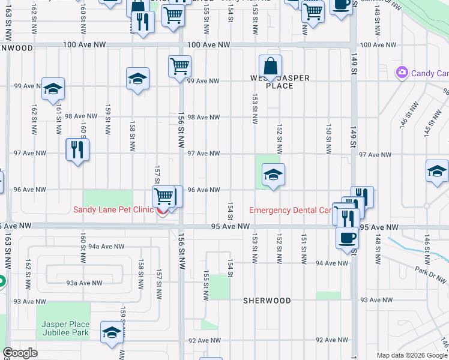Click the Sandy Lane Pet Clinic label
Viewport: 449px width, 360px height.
pos(113,209)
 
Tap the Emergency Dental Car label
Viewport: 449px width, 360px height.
pos(291,210)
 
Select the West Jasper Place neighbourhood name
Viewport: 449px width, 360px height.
pos(280,82)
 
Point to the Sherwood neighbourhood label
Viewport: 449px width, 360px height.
pos(267,301)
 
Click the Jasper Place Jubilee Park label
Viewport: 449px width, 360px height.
pos(65,328)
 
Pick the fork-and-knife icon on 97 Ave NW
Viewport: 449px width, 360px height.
pos(77,149)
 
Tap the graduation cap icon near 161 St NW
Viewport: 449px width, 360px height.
pos(53,89)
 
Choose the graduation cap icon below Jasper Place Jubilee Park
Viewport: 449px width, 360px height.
pos(112,333)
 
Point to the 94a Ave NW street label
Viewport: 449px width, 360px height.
pos(106,247)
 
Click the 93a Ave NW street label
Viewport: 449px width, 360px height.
pos(84,283)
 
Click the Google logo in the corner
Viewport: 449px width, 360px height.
pos(20,353)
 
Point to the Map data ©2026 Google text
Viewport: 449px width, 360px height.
pos(412,355)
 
